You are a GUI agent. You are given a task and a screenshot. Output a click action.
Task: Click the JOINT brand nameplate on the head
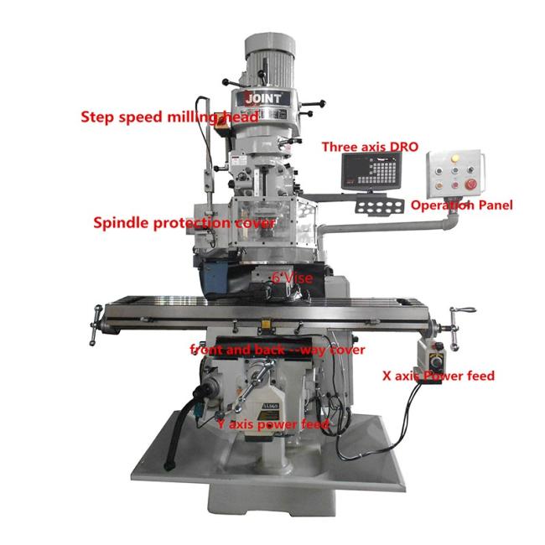(268, 97)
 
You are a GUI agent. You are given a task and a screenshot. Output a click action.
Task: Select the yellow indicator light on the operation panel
(455, 156)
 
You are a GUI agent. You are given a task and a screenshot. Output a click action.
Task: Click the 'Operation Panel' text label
(461, 205)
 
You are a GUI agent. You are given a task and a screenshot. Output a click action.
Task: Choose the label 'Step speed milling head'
(168, 117)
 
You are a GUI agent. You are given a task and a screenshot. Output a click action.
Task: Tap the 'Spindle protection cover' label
(184, 223)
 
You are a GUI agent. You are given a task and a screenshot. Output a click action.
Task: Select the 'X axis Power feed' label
(438, 376)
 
